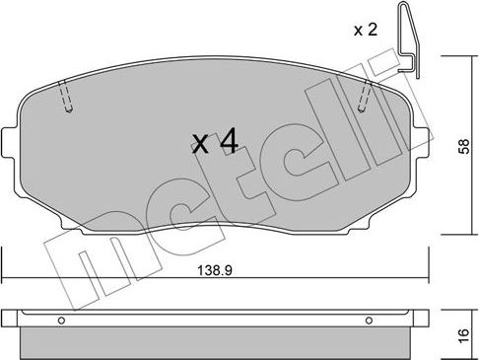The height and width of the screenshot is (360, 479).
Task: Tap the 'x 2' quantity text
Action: [367, 30]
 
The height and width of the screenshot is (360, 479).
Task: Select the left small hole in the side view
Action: [61, 320]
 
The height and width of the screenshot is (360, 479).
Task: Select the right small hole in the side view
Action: [370, 320]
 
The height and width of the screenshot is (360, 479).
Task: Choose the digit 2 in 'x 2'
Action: [374, 30]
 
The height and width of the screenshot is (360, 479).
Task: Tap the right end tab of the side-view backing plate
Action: [422, 319]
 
